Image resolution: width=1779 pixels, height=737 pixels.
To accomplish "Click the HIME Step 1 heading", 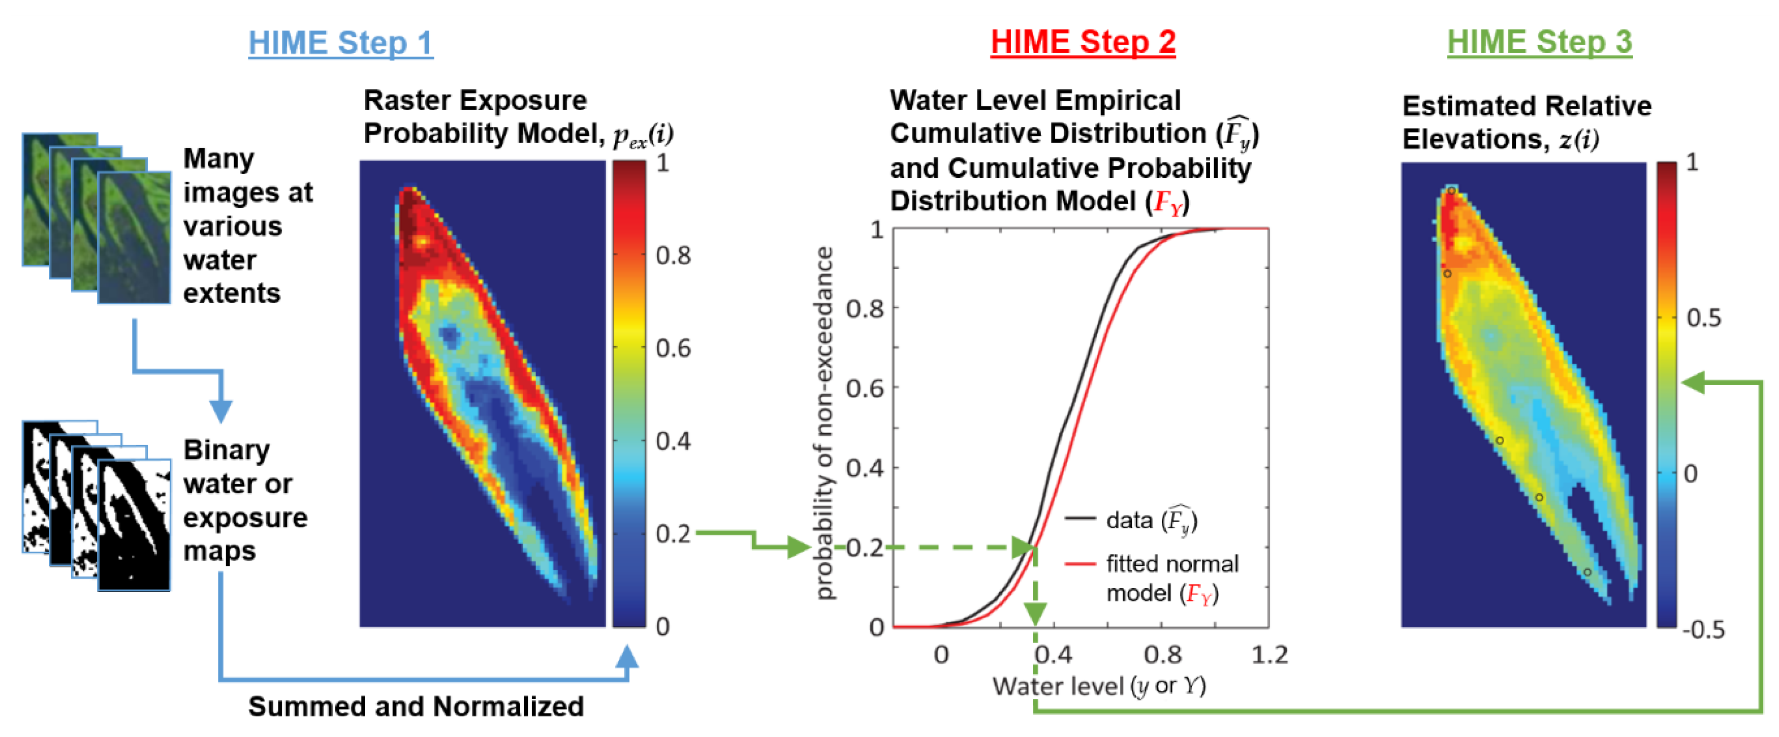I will pyautogui.click(x=340, y=43).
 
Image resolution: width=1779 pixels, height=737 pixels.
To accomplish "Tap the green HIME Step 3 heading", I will pyautogui.click(x=1539, y=42).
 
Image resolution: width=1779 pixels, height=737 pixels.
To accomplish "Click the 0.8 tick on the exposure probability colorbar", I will pyautogui.click(x=673, y=255).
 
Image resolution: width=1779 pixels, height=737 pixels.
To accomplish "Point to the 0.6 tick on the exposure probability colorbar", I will pyautogui.click(x=673, y=348).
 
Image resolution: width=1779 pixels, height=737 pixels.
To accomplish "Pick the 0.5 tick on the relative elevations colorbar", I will pyautogui.click(x=1703, y=318).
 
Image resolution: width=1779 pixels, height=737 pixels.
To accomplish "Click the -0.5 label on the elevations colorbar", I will pyautogui.click(x=1703, y=629).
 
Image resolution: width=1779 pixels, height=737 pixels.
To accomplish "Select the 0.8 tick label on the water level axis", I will pyautogui.click(x=1162, y=654).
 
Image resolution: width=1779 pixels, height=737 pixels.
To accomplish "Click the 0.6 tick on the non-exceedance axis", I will pyautogui.click(x=865, y=388).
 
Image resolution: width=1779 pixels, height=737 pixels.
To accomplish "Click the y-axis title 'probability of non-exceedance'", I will pyautogui.click(x=824, y=423).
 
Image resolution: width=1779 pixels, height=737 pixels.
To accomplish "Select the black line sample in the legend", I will pyautogui.click(x=1079, y=518).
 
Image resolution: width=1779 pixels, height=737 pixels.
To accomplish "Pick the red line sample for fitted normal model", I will pyautogui.click(x=1079, y=564).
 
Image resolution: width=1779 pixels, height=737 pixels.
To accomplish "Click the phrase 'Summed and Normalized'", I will pyautogui.click(x=416, y=707).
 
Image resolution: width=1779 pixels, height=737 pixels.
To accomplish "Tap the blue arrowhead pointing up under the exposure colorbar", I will pyautogui.click(x=626, y=657).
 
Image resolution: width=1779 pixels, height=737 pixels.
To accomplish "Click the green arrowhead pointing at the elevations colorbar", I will pyautogui.click(x=1694, y=382).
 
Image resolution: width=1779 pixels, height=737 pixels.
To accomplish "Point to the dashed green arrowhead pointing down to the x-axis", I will pyautogui.click(x=1034, y=612).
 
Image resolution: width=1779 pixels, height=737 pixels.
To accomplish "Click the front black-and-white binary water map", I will pyautogui.click(x=134, y=526).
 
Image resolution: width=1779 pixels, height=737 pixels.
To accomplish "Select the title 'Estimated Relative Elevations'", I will pyautogui.click(x=1526, y=122).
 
